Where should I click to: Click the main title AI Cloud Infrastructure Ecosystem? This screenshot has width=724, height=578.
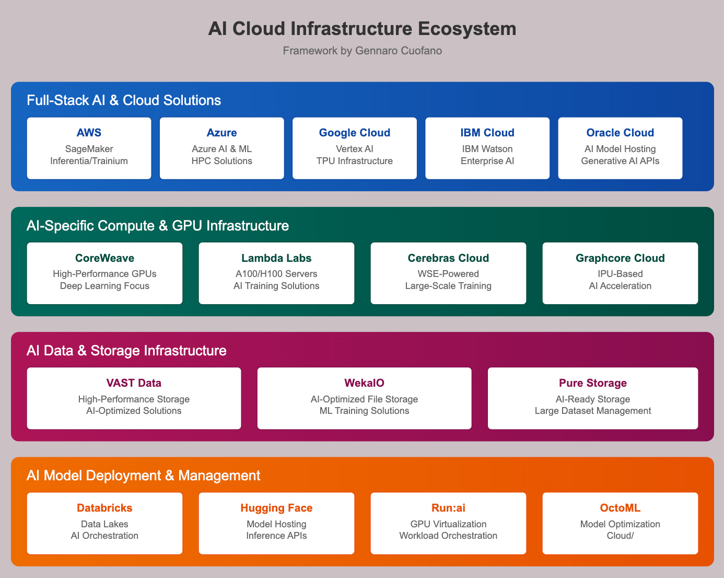(362, 29)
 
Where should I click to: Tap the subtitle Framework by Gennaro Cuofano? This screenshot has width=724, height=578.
(362, 51)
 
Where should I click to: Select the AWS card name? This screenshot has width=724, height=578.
(89, 133)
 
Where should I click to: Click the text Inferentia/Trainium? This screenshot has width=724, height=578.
(89, 161)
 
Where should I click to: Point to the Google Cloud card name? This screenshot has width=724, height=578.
(354, 133)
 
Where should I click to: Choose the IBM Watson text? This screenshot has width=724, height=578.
(487, 149)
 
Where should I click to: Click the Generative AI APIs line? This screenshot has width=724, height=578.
(620, 161)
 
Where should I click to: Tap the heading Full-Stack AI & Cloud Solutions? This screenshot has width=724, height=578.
(124, 100)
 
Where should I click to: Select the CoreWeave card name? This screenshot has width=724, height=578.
(104, 258)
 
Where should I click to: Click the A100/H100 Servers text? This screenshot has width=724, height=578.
(276, 274)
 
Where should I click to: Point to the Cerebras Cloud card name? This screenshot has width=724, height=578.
(448, 258)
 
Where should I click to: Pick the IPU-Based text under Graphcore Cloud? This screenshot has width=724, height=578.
(620, 274)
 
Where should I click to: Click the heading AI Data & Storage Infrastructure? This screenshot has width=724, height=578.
(126, 350)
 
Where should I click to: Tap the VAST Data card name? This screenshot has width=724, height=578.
(134, 383)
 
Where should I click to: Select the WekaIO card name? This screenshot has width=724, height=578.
(364, 383)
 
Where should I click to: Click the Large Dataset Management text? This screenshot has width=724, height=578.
(593, 411)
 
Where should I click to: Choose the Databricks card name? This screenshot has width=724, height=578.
(104, 508)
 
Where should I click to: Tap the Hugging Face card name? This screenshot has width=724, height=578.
(276, 508)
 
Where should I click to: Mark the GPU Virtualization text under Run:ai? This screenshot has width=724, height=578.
(448, 524)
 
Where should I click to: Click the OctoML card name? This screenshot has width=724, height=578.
(620, 508)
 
